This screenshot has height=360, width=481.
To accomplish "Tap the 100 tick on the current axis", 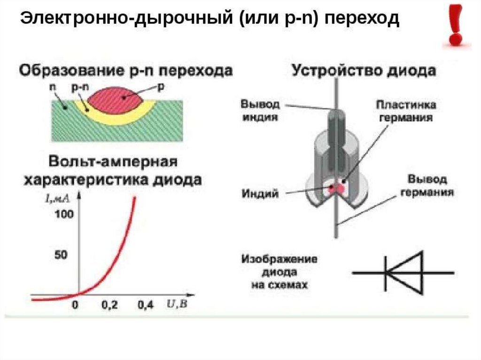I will [64, 215].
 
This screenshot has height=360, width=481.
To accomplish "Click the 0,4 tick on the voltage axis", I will [146, 306].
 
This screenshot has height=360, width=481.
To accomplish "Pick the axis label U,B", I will [177, 304].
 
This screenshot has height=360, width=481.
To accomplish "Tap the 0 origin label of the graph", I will [74, 306].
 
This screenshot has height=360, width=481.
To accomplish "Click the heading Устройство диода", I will [364, 71].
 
